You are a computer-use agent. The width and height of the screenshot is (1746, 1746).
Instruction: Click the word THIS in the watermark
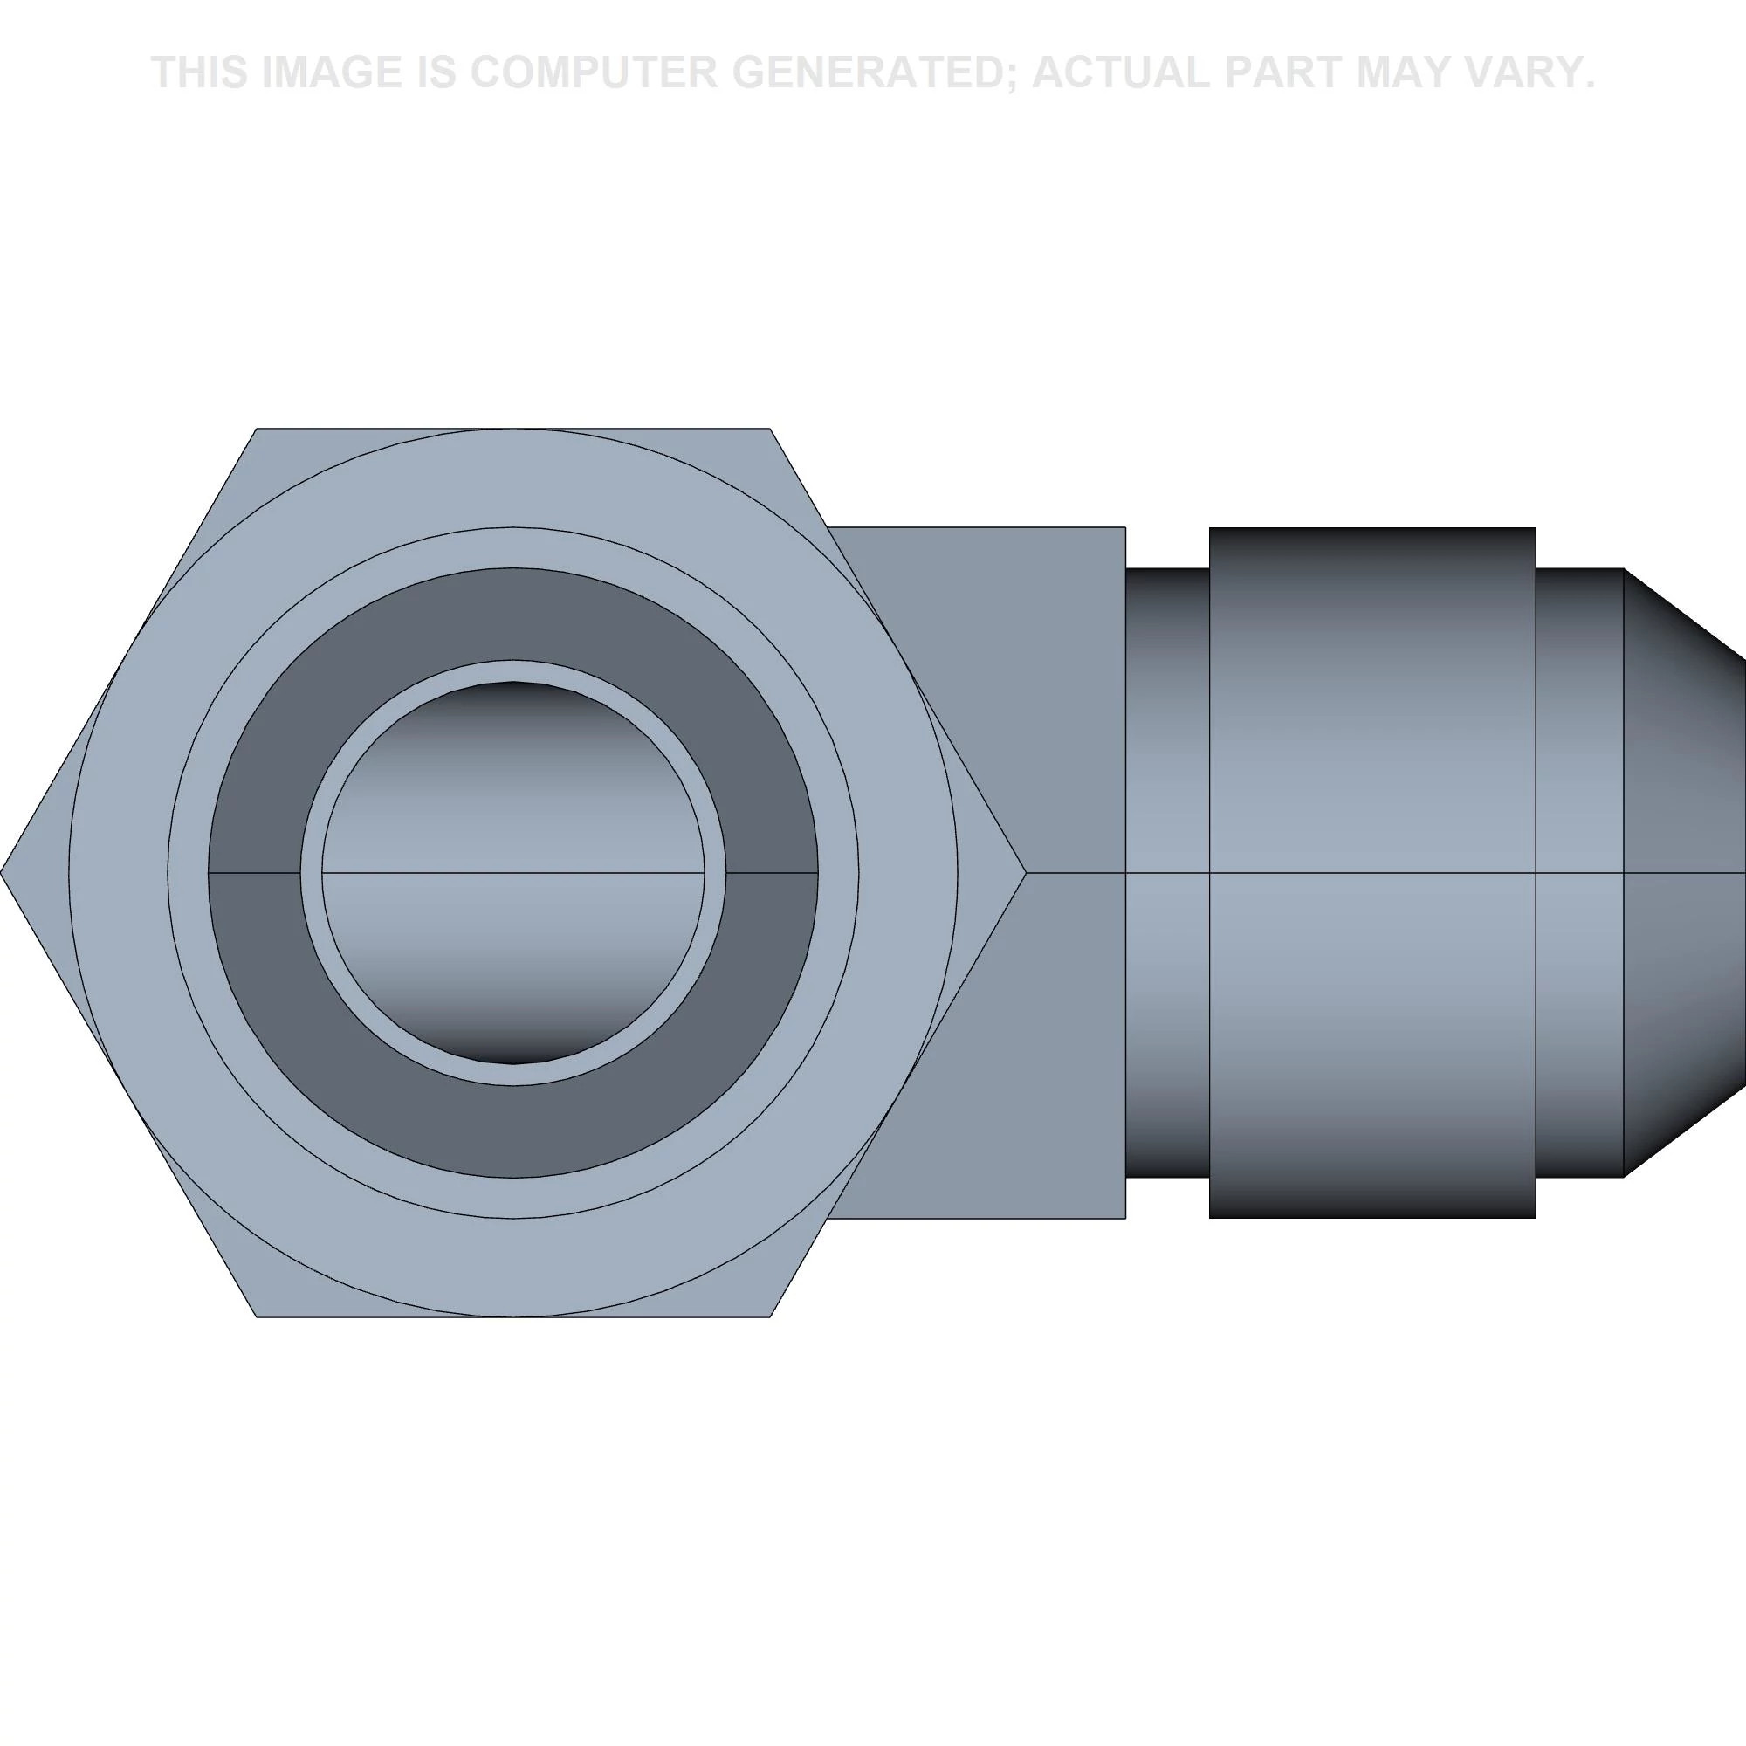click(x=200, y=72)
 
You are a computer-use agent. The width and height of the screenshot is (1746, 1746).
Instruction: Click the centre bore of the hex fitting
click(x=512, y=872)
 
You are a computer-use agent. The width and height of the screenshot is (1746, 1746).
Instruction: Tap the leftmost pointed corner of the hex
click(x=1, y=872)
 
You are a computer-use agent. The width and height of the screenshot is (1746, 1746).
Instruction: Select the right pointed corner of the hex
click(x=1026, y=872)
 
